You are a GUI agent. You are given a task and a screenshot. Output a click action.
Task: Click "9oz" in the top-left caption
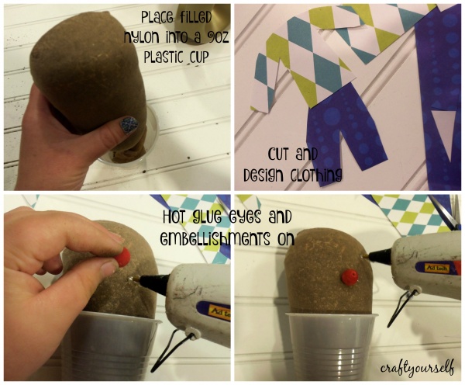[x=217, y=38]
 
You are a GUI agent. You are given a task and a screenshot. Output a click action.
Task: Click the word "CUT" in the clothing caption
[x=280, y=155]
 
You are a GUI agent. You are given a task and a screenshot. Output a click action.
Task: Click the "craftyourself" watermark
[x=417, y=368]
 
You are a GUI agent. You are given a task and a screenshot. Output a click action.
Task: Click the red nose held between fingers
[x=122, y=257]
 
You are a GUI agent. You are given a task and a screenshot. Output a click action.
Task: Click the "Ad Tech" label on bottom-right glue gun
[x=436, y=269]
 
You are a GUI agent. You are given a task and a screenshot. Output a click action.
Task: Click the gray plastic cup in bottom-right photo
[x=331, y=345]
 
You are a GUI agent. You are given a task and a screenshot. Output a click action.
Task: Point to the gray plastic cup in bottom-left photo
[x=110, y=345]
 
